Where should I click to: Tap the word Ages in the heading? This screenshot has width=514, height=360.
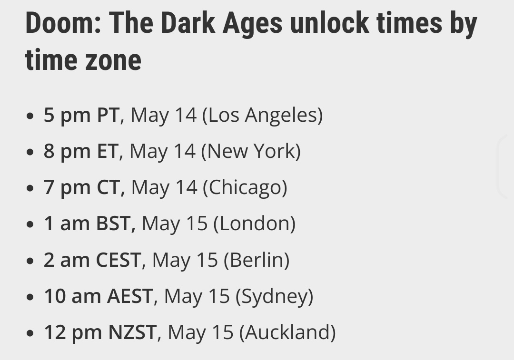pyautogui.click(x=252, y=24)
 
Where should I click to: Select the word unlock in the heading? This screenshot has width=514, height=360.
pyautogui.click(x=329, y=23)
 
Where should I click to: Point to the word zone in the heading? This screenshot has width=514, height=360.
pyautogui.click(x=113, y=60)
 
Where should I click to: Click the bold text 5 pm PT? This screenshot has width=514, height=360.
pyautogui.click(x=82, y=115)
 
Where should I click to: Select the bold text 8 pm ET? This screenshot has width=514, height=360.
pyautogui.click(x=81, y=151)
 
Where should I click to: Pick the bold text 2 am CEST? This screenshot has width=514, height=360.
pyautogui.click(x=92, y=260)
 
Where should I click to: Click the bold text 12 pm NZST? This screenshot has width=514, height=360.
pyautogui.click(x=100, y=332)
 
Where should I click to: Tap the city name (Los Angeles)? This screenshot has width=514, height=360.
pyautogui.click(x=263, y=116)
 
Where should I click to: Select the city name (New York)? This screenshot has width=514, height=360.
pyautogui.click(x=251, y=152)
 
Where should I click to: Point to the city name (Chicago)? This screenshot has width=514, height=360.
pyautogui.click(x=245, y=188)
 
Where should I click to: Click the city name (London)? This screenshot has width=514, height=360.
pyautogui.click(x=254, y=224)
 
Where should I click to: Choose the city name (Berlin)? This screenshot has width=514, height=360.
pyautogui.click(x=257, y=260)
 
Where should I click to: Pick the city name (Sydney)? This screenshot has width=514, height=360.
pyautogui.click(x=275, y=297)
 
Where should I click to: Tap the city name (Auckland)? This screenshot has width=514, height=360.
pyautogui.click(x=287, y=333)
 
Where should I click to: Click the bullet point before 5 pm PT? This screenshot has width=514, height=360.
pyautogui.click(x=30, y=116)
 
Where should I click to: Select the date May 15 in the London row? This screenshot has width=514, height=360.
pyautogui.click(x=175, y=224)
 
